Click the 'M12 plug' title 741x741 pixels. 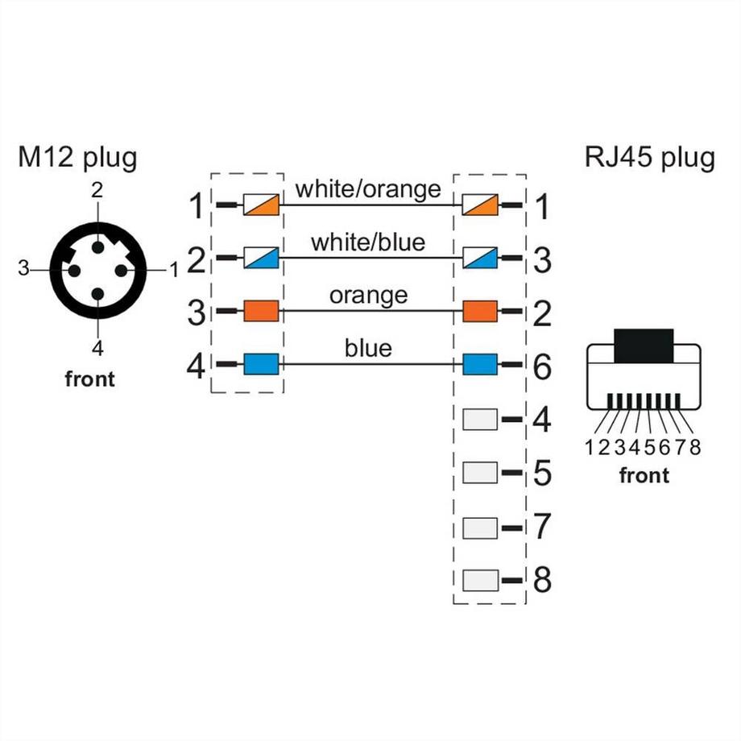[77, 157]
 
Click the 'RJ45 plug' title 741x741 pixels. [649, 157]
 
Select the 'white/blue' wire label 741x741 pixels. [368, 242]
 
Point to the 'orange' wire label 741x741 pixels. [368, 295]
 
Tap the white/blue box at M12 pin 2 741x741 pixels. [261, 259]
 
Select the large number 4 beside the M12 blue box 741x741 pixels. [196, 366]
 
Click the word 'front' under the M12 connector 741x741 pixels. [89, 379]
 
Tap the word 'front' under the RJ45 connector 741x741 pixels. [644, 475]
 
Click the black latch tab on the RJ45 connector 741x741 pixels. [643, 346]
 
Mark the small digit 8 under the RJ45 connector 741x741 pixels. [695, 448]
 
